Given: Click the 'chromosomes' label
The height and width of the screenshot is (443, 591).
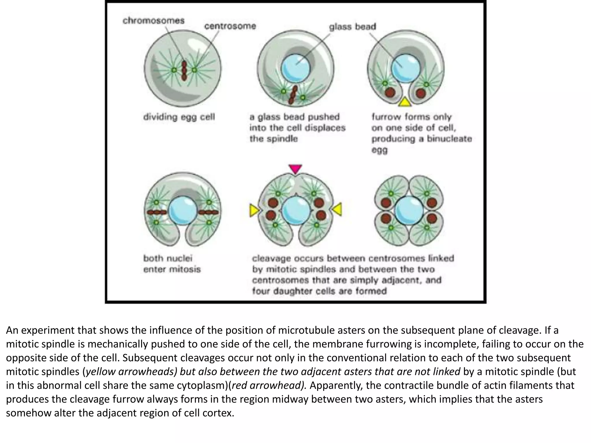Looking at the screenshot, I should [153, 21].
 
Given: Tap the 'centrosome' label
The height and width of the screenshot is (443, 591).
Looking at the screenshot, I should [230, 26].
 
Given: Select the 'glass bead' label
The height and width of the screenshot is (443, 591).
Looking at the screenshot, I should [352, 27].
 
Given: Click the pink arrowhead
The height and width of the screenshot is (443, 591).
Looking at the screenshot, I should [295, 169].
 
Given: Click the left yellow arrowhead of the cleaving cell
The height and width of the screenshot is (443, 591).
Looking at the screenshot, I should [254, 210].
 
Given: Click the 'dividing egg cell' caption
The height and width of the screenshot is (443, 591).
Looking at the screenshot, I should [179, 117].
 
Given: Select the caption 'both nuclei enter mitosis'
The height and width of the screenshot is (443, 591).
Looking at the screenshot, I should [172, 264].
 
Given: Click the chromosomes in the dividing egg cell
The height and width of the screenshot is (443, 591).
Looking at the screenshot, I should [184, 70].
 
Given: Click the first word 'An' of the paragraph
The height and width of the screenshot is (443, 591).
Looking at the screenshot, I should [12, 330].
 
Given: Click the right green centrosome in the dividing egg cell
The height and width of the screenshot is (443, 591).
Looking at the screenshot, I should [194, 70].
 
